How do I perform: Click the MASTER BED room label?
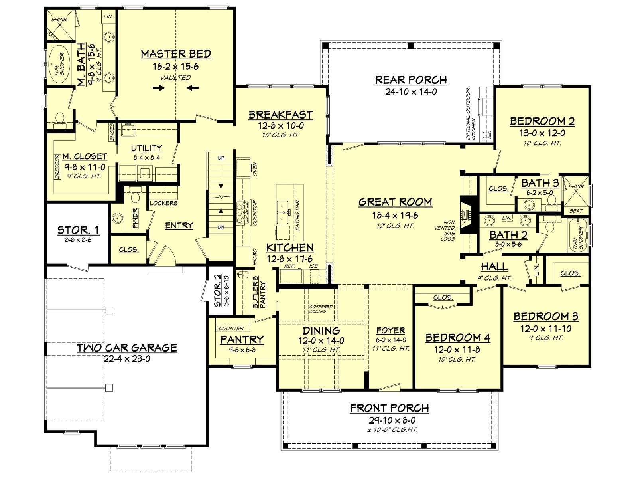pos(176,54)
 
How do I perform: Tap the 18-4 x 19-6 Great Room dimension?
pos(395,215)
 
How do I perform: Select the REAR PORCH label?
pos(411,80)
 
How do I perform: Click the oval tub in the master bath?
pos(59,64)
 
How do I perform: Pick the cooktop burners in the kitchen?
pos(242,212)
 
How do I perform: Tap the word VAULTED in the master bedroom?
pos(175,78)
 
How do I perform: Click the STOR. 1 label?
pos(78,230)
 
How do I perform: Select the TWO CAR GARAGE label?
pos(127,348)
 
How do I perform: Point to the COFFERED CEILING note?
pos(321,309)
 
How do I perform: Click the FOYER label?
pos(391,331)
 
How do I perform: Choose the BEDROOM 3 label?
pos(546,317)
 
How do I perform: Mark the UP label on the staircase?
pos(221,158)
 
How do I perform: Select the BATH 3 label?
pos(540,183)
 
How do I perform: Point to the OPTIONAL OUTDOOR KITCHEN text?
pos(471,114)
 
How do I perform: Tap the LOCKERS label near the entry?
pos(163,203)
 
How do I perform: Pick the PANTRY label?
pos(242,339)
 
